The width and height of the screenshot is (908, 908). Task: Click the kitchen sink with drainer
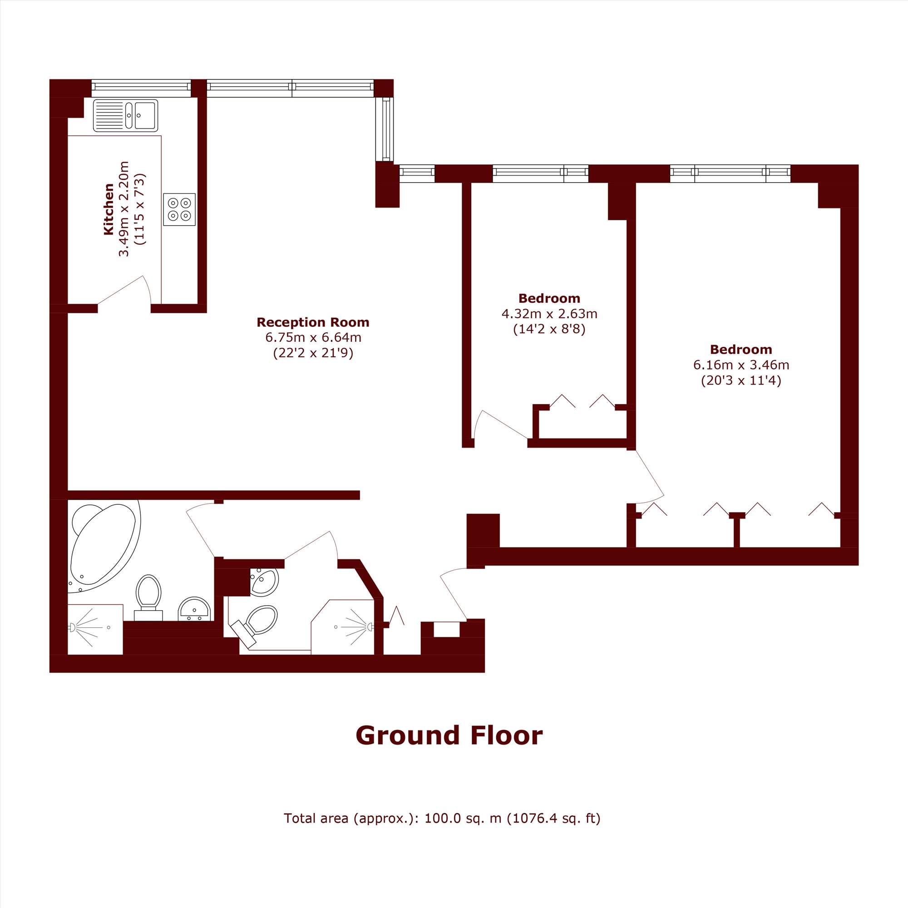125,115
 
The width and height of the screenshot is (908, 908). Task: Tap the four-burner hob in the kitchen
179,209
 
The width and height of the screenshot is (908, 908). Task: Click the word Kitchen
109,209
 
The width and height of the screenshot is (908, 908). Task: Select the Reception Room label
313,322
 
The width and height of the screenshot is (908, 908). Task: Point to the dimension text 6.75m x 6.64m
313,337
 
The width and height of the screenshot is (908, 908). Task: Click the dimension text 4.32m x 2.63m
549,313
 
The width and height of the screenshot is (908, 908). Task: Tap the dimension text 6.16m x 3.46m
741,365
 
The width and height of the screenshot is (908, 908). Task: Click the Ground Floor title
449,735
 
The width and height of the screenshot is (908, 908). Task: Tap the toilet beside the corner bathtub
148,598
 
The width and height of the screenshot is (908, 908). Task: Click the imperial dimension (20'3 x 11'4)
741,380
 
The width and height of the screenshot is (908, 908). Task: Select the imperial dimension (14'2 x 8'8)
549,329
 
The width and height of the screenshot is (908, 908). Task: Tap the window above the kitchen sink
141,88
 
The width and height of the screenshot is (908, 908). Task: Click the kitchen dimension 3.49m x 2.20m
123,209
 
